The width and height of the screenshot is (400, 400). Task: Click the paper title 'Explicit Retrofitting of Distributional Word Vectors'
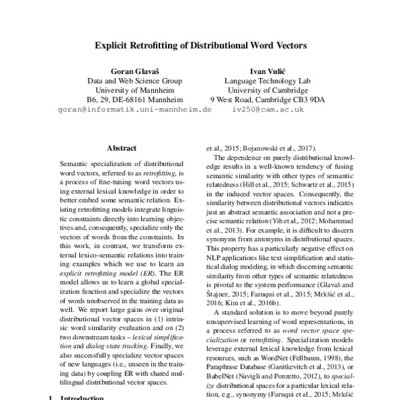(x=199, y=47)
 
